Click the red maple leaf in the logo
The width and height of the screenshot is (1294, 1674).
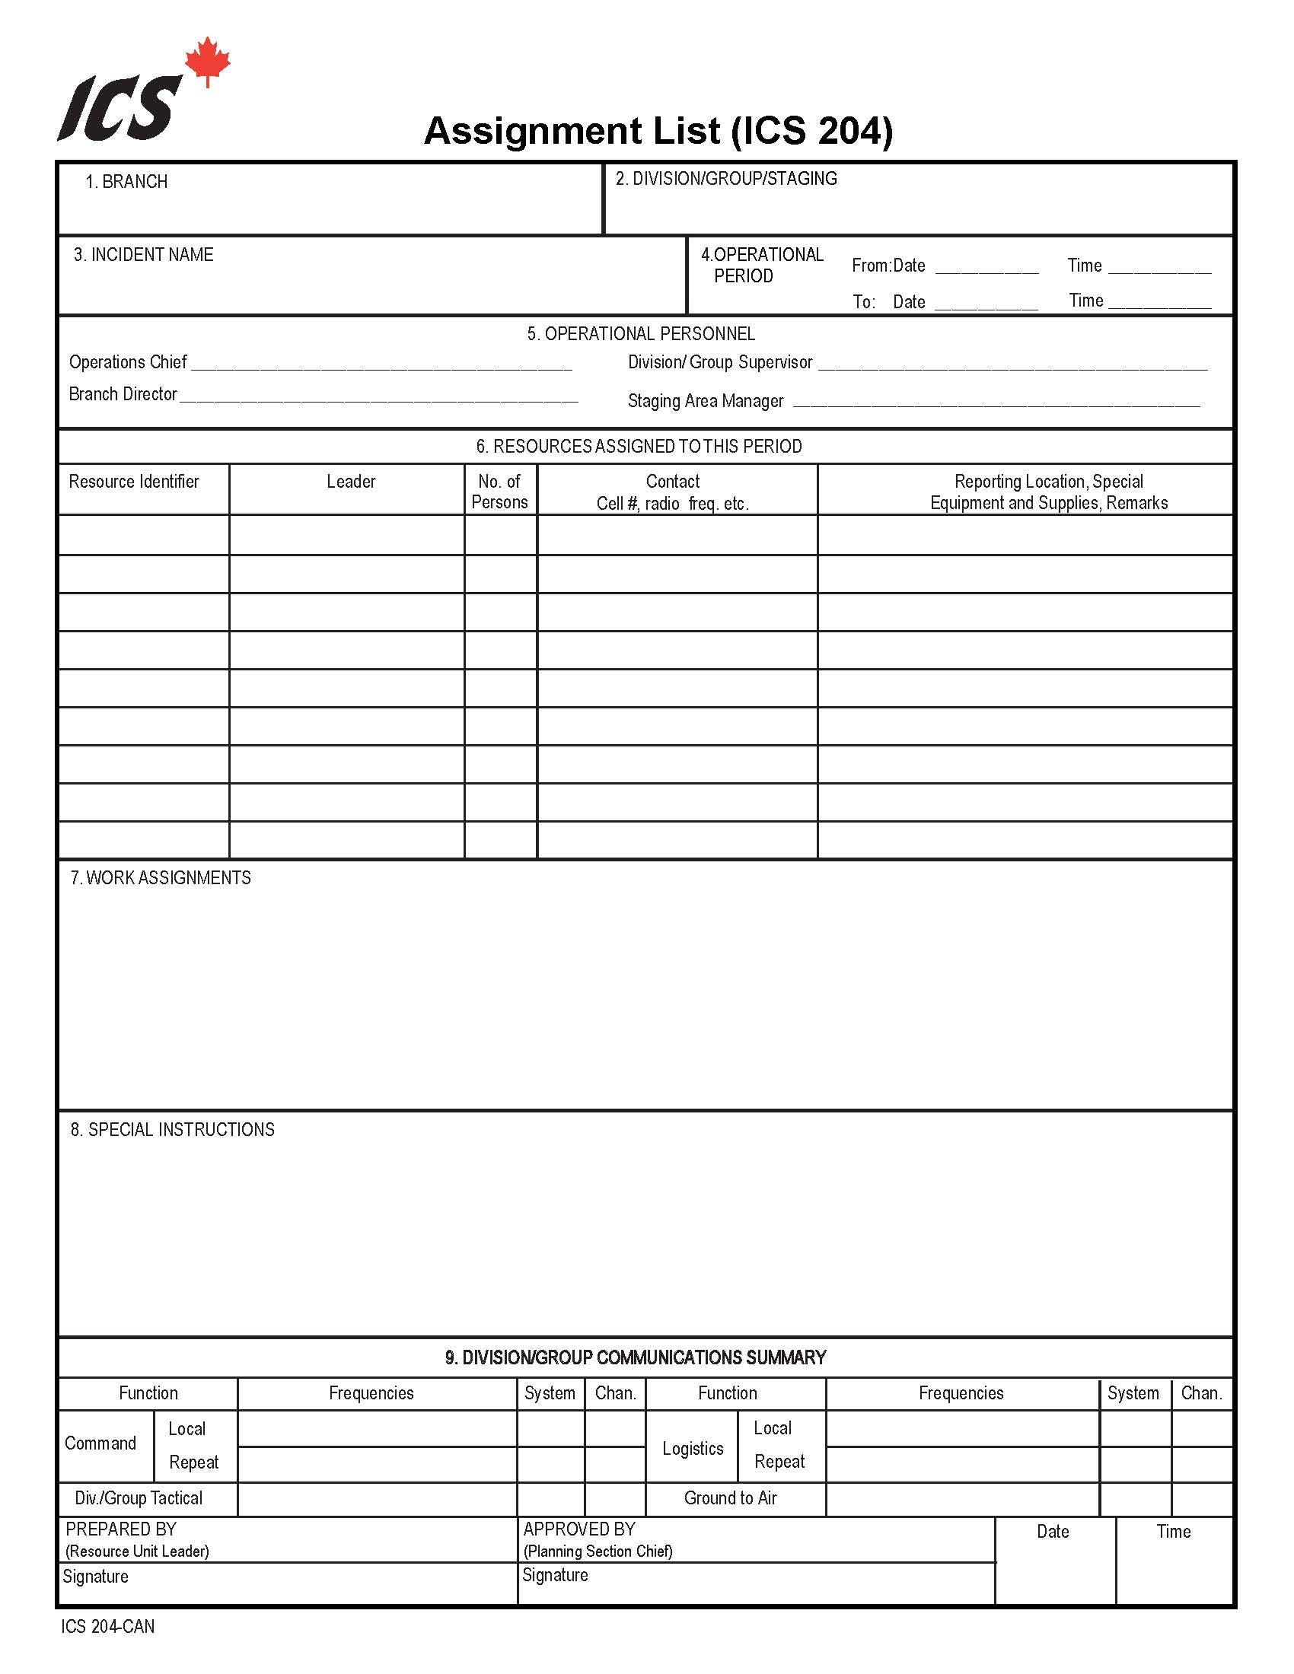[x=208, y=62]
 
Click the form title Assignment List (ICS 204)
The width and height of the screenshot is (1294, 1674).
[x=658, y=130]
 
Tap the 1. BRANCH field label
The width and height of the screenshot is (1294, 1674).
[x=126, y=182]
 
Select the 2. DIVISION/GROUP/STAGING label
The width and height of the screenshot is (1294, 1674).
[x=726, y=179]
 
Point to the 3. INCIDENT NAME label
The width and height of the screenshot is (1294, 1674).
[x=143, y=254]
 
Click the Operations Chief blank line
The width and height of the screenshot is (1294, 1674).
[x=381, y=367]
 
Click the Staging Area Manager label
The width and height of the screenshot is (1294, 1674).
[x=706, y=401]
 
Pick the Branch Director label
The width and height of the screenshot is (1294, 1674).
[x=123, y=394]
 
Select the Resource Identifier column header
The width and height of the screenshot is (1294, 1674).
[x=134, y=482]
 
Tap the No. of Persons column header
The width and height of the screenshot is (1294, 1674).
[x=500, y=492]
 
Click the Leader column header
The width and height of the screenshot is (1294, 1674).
[x=351, y=482]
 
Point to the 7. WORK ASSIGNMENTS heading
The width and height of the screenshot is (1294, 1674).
[x=161, y=877]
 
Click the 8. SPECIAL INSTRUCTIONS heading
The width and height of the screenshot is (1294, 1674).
[x=173, y=1129]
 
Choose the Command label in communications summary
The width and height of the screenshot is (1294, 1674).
[x=100, y=1443]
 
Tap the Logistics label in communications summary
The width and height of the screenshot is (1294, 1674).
[x=693, y=1449]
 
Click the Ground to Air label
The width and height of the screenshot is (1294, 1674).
[x=731, y=1497]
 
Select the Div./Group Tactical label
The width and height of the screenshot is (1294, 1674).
[x=139, y=1497]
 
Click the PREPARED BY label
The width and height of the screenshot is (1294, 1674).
[x=121, y=1529]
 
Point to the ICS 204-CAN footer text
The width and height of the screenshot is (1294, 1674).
[x=108, y=1627]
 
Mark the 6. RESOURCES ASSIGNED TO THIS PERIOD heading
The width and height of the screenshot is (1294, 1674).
[x=639, y=446]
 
